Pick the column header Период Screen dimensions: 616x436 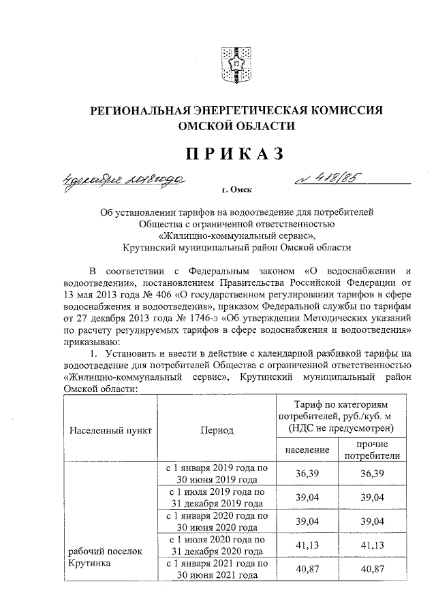click(217, 430)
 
